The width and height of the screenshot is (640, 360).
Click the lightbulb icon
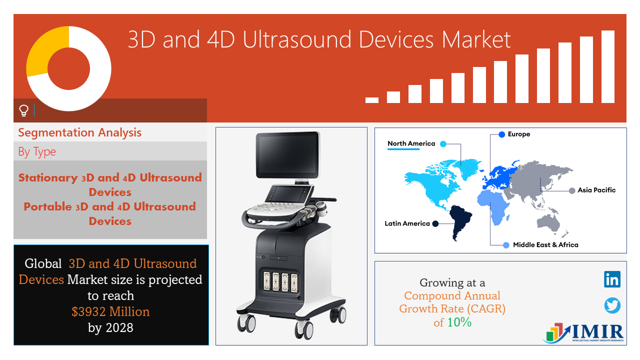[x=23, y=110]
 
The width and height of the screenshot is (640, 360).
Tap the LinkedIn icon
[x=612, y=279]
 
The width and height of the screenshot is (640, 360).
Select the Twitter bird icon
[x=612, y=305]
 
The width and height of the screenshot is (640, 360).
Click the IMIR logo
[x=583, y=333]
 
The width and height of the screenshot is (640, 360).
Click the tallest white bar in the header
[x=608, y=66]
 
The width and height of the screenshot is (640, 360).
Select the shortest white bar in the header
[x=372, y=100]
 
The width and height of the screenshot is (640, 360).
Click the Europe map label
[x=519, y=134]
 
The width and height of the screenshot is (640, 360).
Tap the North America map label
[x=411, y=143]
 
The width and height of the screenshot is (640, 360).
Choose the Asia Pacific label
[x=596, y=190]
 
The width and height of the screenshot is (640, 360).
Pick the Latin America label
[x=407, y=223]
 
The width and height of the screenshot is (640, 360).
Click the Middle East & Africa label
[x=545, y=245]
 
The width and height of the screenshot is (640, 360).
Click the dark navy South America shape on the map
[x=459, y=219]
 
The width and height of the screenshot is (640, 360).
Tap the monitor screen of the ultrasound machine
[x=287, y=154]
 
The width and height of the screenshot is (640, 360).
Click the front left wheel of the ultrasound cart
[x=246, y=323]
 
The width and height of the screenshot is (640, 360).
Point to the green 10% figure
[x=459, y=322]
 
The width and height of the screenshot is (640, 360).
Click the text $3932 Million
[x=110, y=311]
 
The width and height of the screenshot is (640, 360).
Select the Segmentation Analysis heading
[x=79, y=133]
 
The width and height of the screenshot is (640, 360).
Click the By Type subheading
[x=37, y=151]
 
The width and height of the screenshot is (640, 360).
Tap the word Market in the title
[x=476, y=39]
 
